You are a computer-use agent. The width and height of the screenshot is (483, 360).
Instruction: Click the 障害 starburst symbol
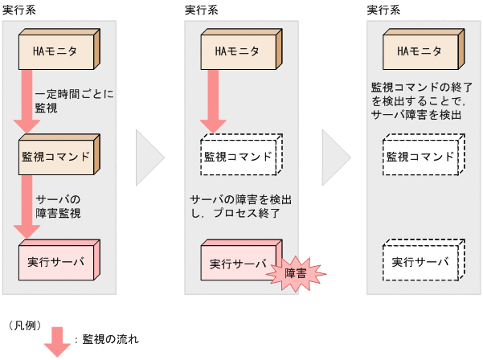tap(295, 273)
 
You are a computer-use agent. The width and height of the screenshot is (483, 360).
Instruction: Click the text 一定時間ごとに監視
tap(74, 100)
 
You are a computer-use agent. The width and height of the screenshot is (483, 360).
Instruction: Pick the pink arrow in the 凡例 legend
tap(56, 340)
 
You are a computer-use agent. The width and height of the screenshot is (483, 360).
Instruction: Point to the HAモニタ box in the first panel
tap(57, 51)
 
